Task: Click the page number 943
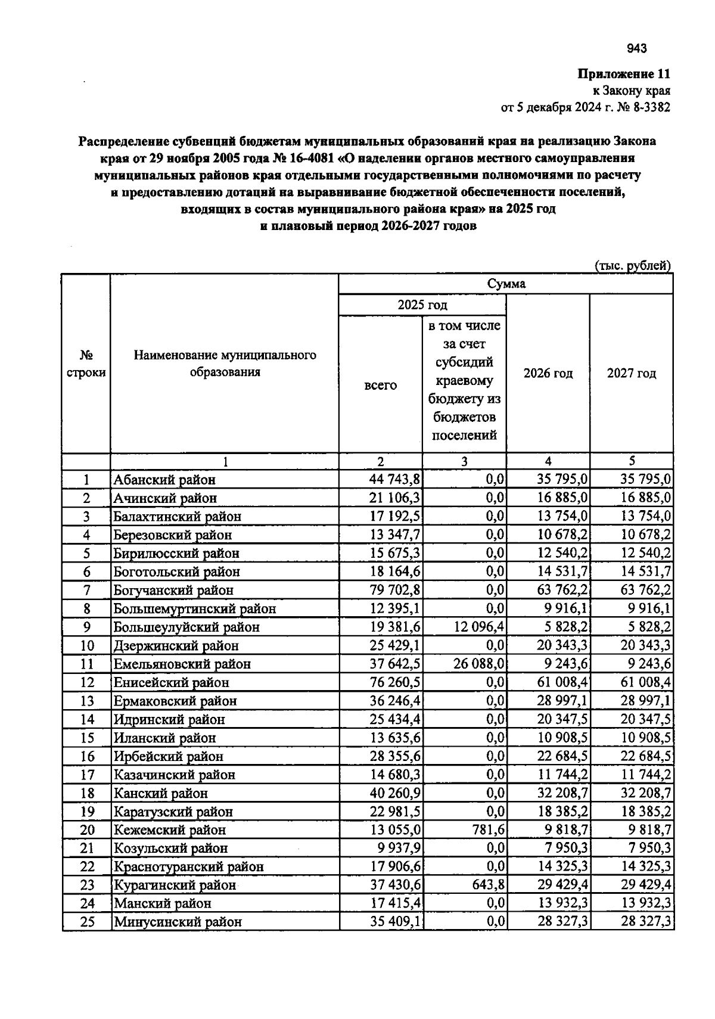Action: click(x=637, y=49)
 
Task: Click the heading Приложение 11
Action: click(x=624, y=74)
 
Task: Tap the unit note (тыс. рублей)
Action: click(x=633, y=266)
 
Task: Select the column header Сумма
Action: click(x=506, y=284)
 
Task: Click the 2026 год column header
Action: click(x=548, y=374)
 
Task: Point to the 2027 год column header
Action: click(x=632, y=374)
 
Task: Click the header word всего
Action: click(x=380, y=386)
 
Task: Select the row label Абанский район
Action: click(x=164, y=480)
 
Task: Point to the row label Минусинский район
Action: click(x=178, y=922)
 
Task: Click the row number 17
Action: click(x=87, y=775)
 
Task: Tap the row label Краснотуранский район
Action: click(x=188, y=867)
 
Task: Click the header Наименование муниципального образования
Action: click(x=225, y=364)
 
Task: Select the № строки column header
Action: click(x=86, y=364)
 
